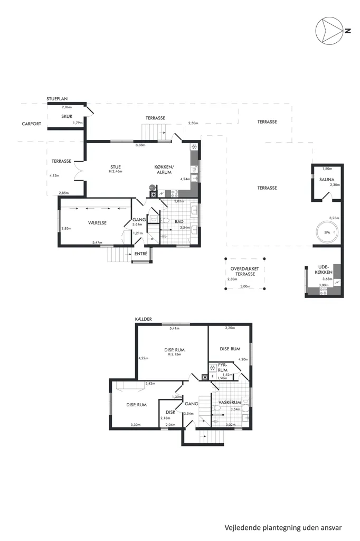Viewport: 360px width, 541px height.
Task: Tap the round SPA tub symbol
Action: click(x=327, y=232)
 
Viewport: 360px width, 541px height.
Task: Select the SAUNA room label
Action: click(x=327, y=180)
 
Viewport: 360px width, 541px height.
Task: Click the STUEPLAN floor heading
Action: click(x=57, y=99)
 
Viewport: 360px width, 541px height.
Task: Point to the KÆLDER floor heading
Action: click(x=144, y=319)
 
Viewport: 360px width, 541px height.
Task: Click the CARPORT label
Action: click(x=31, y=124)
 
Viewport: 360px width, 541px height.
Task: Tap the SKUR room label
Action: click(x=67, y=116)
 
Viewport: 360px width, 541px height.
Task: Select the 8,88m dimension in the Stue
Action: click(x=140, y=145)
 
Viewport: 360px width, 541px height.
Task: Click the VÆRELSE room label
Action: click(x=97, y=223)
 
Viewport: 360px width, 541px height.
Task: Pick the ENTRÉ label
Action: click(x=141, y=254)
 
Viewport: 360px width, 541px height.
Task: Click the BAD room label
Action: click(x=179, y=221)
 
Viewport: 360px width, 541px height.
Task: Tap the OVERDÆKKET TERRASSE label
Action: click(x=245, y=271)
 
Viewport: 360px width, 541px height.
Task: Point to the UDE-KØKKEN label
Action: click(x=324, y=269)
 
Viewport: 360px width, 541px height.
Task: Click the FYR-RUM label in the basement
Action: click(x=223, y=368)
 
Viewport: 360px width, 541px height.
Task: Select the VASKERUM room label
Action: click(x=230, y=402)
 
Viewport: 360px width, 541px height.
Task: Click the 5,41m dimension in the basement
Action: click(x=175, y=329)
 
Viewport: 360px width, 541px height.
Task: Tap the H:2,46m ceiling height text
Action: click(x=116, y=172)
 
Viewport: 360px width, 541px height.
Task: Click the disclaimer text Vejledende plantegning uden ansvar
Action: click(x=283, y=528)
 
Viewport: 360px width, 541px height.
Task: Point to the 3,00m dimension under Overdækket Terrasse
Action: click(x=245, y=286)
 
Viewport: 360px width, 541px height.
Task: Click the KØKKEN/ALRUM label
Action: click(x=164, y=170)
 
